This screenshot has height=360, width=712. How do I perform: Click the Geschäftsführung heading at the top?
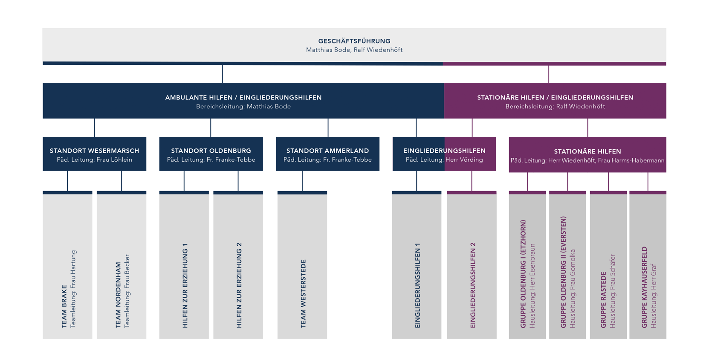(x=354, y=41)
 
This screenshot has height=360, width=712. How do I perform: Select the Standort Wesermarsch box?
(x=94, y=154)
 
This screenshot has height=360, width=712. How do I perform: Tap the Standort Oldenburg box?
(x=211, y=154)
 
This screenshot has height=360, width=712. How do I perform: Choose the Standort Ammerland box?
(x=328, y=154)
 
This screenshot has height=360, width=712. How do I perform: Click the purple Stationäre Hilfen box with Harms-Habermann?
(x=588, y=155)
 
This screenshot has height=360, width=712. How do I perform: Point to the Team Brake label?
(x=64, y=306)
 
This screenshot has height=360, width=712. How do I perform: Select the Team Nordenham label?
(x=118, y=295)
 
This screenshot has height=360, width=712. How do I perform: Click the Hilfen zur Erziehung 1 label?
(x=185, y=286)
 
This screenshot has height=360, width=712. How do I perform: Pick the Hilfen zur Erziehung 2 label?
(x=239, y=286)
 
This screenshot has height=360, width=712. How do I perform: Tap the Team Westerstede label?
(x=303, y=293)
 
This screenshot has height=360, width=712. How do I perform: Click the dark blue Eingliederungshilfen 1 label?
(x=418, y=286)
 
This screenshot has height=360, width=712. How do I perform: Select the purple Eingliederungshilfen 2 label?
(x=473, y=285)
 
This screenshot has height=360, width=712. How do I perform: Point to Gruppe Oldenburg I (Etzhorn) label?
(x=523, y=274)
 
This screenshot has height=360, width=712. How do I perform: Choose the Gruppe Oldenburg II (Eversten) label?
(x=564, y=272)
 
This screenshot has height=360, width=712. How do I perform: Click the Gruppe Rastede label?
(x=604, y=300)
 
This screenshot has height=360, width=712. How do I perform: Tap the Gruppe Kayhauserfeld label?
(x=644, y=287)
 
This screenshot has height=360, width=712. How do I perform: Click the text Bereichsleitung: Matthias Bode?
(x=243, y=107)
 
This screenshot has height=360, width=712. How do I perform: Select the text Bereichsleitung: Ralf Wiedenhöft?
(x=555, y=107)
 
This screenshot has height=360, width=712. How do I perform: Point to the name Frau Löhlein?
(x=114, y=160)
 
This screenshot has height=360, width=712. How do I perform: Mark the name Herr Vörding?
(x=464, y=160)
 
